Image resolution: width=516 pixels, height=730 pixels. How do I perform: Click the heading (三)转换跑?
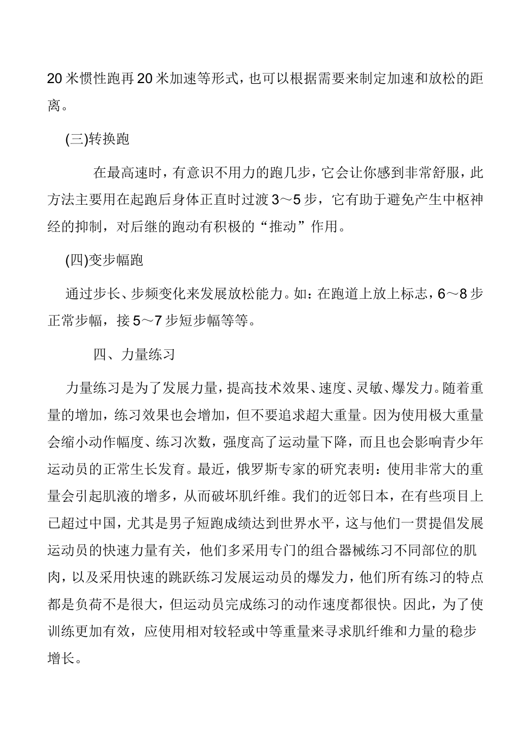(x=97, y=140)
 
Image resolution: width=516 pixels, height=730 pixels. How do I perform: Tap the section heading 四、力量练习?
(x=134, y=355)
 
